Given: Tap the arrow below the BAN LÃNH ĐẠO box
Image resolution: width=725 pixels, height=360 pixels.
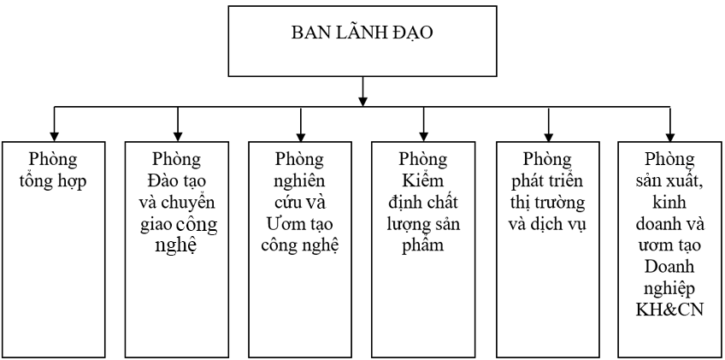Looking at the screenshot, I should [x=363, y=91].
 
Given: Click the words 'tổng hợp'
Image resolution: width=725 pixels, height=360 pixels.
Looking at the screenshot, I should [x=54, y=182].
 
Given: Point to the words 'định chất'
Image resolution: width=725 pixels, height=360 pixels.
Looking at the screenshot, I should [x=423, y=204].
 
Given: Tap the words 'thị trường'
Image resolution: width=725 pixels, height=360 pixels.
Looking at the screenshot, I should [x=548, y=204].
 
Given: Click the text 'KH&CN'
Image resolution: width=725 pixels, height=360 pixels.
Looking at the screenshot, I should [x=670, y=307].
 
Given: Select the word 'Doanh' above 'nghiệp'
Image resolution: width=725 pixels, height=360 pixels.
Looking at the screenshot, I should [x=670, y=266].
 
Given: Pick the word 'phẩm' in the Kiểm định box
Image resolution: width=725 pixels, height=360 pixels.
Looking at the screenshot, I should [x=423, y=245].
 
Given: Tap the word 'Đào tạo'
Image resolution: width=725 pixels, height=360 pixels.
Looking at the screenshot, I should [x=177, y=182].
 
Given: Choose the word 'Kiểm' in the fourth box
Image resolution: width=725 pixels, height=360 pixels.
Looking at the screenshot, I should [x=423, y=182].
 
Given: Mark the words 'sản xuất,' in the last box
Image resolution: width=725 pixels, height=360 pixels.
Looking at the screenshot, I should [x=670, y=182].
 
